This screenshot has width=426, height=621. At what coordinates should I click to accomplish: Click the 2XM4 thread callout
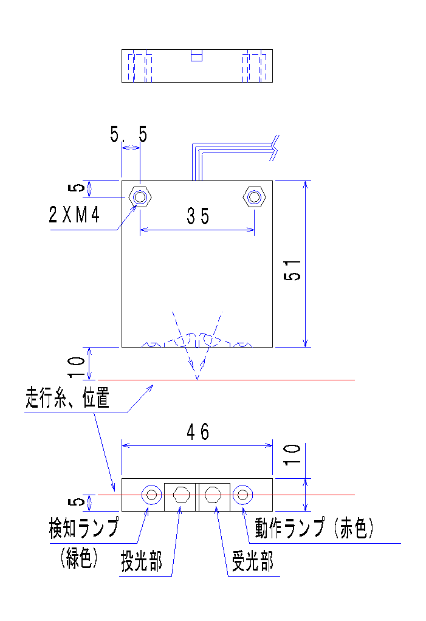[x=74, y=216]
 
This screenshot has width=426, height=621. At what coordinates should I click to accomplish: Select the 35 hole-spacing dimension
[x=198, y=216]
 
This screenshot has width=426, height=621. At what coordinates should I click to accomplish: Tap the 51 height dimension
[x=294, y=268]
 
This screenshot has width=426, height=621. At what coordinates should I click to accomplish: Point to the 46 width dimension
[x=198, y=432]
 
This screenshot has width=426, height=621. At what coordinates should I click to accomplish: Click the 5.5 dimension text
[x=129, y=134]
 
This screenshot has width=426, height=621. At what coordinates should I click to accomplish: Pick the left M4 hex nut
[x=140, y=197]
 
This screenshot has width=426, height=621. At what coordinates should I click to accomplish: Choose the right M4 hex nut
[x=254, y=197]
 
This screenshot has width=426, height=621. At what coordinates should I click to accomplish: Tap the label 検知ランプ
[x=84, y=527]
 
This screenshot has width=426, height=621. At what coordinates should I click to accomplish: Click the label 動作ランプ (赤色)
[x=314, y=527]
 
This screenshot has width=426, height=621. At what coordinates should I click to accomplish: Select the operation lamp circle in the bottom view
[x=244, y=495]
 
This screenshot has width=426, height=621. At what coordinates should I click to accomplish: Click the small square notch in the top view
[x=196, y=55]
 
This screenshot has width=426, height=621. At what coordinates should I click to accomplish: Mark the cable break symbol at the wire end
[x=275, y=148]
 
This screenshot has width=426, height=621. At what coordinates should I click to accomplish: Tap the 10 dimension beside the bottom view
[x=292, y=455]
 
